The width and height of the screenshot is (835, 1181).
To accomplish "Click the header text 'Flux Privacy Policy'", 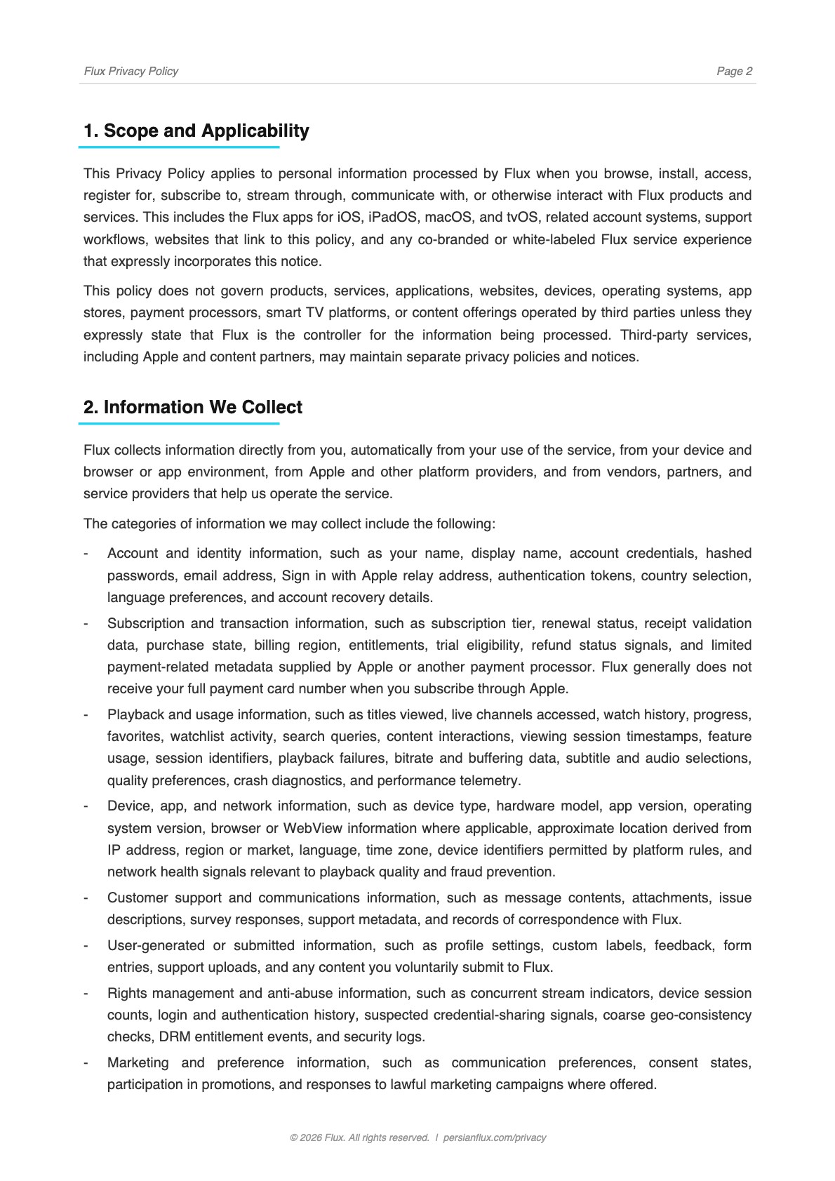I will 131,71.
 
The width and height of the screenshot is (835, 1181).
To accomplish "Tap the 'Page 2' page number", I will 734,71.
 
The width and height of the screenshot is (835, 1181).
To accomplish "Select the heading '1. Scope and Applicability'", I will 196,131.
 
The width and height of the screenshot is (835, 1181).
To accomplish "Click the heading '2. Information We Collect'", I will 192,407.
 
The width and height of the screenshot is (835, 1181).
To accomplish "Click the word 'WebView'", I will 312,828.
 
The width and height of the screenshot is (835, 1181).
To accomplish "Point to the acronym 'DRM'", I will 174,1036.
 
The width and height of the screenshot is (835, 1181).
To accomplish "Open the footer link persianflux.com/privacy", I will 495,1137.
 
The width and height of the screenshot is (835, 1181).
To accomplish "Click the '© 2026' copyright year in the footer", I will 305,1137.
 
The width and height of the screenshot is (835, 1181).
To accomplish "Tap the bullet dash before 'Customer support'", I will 86,898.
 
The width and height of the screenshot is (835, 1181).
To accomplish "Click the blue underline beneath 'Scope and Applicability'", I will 179,147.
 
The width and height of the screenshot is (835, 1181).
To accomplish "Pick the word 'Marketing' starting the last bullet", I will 138,1062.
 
